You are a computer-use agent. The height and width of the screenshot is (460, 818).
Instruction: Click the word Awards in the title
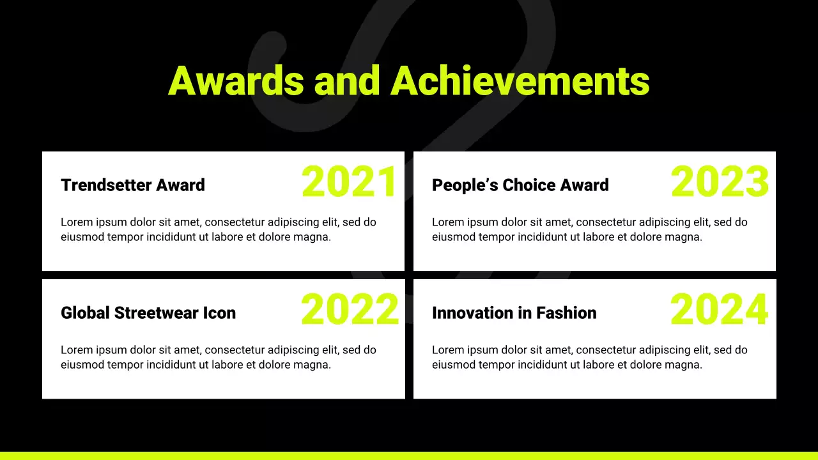pos(236,81)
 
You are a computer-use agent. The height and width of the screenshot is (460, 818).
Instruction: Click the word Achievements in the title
pos(520,81)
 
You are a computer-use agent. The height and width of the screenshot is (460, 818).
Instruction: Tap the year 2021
pos(350,182)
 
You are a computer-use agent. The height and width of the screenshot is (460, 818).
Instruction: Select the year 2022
pos(350,310)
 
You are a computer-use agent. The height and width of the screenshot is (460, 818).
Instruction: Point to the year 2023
pos(720,182)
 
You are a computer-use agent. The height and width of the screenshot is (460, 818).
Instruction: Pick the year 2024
pos(719,310)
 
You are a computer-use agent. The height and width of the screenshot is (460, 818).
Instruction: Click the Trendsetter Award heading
pos(133,185)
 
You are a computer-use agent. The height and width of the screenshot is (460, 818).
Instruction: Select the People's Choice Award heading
pos(520,185)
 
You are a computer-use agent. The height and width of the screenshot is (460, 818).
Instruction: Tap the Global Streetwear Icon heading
pos(148,313)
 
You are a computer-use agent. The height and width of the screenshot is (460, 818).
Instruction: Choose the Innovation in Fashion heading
pos(514,313)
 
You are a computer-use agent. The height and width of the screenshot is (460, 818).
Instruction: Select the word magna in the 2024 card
pos(685,365)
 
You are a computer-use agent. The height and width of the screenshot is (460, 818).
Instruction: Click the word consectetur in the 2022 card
pos(235,350)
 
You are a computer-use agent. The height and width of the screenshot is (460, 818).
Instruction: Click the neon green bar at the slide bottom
pos(409,456)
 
